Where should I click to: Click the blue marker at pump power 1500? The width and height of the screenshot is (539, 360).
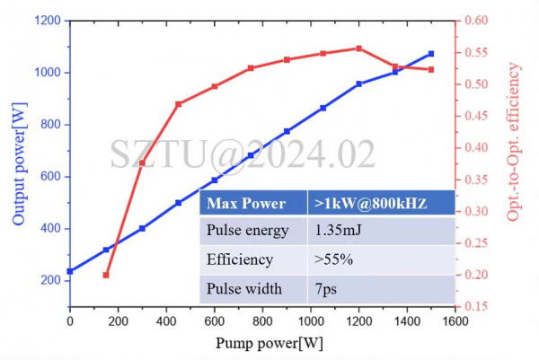[431, 54]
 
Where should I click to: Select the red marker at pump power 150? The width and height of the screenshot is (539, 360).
[106, 275]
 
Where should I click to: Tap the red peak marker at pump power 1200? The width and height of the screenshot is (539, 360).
[359, 48]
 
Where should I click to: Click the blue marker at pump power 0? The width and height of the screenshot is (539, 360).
[70, 271]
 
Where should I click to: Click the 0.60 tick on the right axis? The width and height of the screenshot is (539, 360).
[475, 20]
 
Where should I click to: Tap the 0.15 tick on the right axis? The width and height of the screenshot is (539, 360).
[475, 306]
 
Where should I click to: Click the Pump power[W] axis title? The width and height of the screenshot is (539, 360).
[262, 343]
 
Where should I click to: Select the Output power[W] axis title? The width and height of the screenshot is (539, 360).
[18, 162]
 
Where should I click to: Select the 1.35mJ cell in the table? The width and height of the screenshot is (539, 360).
[337, 231]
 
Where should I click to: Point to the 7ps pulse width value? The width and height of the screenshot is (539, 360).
[325, 289]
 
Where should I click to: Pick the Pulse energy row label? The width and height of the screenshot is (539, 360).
[248, 231]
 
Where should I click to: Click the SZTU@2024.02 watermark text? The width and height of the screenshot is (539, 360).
[243, 154]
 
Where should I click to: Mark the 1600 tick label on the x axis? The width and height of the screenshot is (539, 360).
[456, 320]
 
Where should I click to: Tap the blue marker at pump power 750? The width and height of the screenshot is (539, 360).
[251, 155]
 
